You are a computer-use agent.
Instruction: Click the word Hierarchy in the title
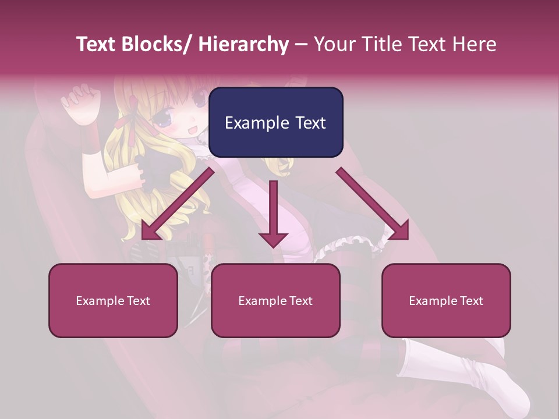[x=243, y=44]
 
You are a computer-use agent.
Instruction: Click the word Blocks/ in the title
[x=156, y=44]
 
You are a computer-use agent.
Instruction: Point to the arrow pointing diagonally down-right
[x=373, y=204]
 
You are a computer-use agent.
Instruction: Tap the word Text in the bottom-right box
[x=470, y=301]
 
